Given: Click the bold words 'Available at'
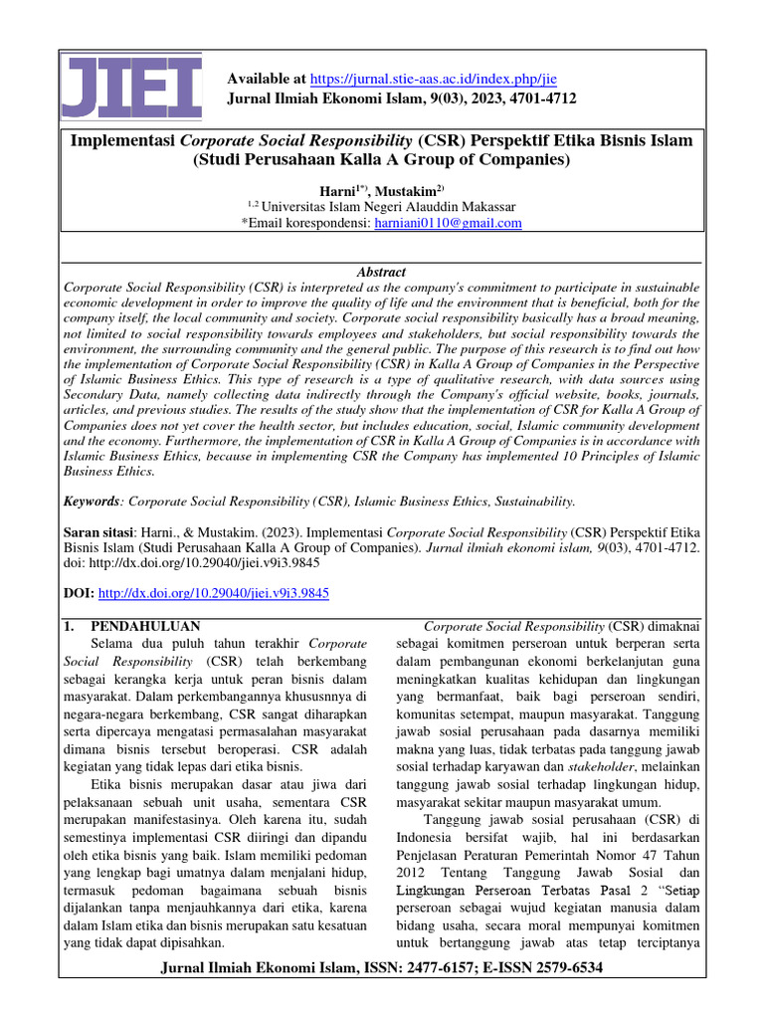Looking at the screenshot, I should tap(268, 78).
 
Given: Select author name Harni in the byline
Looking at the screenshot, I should tap(336, 189).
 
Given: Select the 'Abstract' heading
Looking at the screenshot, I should tap(381, 272).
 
